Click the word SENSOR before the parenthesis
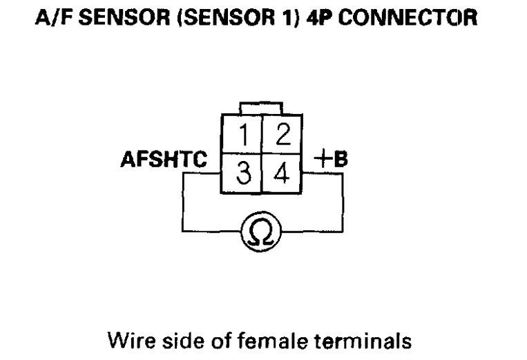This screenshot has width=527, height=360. point(134,15)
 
